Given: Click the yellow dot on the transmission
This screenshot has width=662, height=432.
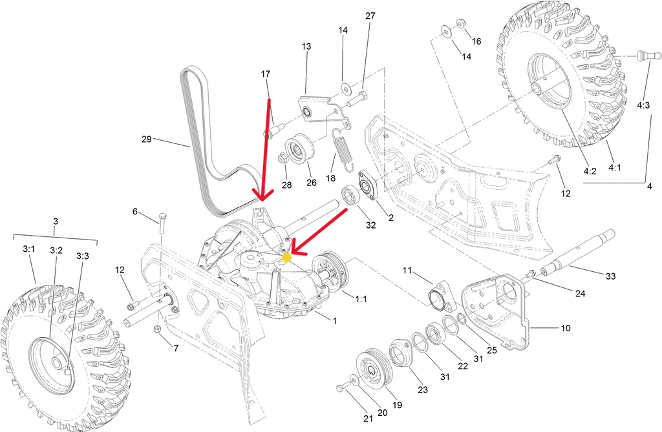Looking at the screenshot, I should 286,257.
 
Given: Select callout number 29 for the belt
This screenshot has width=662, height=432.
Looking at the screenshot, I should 146,139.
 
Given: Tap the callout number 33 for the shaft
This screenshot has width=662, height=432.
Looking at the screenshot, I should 610,276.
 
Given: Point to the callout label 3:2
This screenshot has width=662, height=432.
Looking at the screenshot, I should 56,249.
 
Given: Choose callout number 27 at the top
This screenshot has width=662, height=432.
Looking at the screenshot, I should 370,15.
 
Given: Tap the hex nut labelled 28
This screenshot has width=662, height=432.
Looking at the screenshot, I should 283,158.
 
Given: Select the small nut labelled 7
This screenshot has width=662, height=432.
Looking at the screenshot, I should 158,330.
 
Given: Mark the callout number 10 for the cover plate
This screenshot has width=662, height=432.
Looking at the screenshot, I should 565,328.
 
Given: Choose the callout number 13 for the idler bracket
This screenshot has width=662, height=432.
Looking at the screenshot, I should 306,46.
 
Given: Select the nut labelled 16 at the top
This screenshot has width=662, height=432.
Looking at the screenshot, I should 460,23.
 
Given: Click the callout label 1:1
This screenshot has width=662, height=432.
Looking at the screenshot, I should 361,298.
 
